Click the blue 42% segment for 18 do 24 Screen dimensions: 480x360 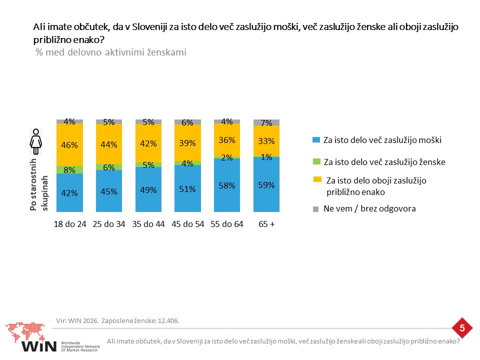69,192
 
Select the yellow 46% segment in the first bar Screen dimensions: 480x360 69,145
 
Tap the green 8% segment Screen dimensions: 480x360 69,170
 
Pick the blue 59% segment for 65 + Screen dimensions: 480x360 266,184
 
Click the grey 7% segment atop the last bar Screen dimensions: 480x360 266,122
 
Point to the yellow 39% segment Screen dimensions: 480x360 187,142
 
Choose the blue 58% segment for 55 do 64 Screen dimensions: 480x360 227,185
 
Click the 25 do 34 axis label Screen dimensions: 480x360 109,224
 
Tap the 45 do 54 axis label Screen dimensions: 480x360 187,224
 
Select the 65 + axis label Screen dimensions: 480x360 266,224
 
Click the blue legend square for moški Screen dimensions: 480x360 316,140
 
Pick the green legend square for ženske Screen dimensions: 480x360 316,161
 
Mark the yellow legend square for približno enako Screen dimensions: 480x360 317,179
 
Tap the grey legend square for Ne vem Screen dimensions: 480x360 315,209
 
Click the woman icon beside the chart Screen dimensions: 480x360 36,141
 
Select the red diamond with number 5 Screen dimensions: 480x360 462,328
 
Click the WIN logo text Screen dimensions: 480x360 39,346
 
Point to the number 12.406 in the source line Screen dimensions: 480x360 168,321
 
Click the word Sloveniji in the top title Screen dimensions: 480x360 149,27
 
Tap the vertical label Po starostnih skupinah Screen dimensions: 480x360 39,184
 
